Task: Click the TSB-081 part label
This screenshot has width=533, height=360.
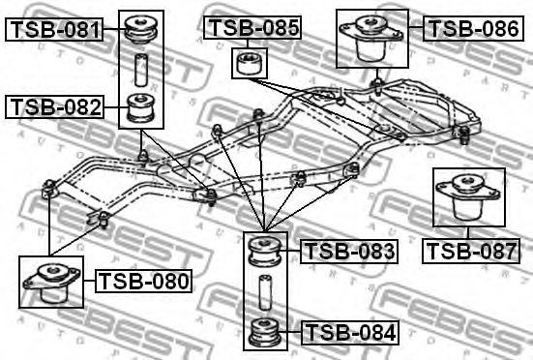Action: (x=55, y=30)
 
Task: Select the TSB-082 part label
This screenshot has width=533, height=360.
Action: (x=55, y=106)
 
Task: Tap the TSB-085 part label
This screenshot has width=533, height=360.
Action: (x=252, y=28)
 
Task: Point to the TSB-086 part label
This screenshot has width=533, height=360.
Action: (x=473, y=28)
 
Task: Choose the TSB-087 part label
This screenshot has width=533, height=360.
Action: (x=471, y=252)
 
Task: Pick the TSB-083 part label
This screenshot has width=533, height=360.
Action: (x=349, y=253)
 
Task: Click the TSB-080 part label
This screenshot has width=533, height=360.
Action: (x=143, y=282)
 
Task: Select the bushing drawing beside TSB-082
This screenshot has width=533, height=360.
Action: (x=143, y=107)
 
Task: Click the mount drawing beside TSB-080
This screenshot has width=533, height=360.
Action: (x=49, y=282)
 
